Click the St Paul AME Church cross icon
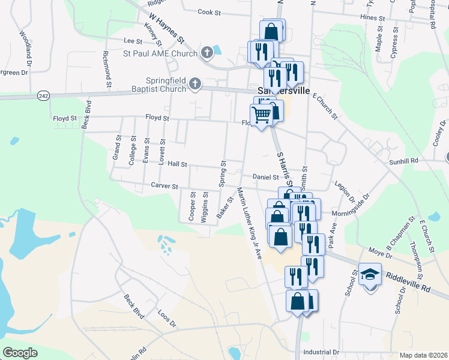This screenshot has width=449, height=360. (x=206, y=53)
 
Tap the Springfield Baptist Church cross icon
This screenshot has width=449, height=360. (x=194, y=84)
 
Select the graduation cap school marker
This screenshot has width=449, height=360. (x=370, y=275)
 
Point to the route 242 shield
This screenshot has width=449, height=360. (x=43, y=96)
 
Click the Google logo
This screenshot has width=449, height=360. (x=20, y=353)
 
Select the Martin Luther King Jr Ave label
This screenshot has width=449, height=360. (x=249, y=223)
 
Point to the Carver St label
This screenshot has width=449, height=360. (x=165, y=187)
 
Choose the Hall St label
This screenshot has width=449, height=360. (x=178, y=164)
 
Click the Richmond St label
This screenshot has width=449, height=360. (x=107, y=68)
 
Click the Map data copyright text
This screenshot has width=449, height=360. (x=423, y=355)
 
